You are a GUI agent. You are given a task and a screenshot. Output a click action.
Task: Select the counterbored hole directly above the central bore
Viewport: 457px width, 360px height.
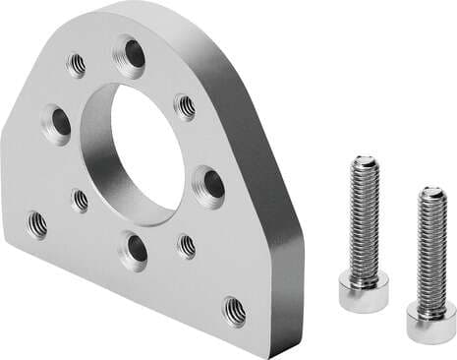click(129, 53)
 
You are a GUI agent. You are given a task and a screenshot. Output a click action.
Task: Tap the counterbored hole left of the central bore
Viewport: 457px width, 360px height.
click(58, 122)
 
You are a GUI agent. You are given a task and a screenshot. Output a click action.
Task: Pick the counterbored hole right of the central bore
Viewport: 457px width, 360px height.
click(209, 184)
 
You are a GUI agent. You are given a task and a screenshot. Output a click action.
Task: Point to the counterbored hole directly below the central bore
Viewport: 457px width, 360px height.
click(134, 249)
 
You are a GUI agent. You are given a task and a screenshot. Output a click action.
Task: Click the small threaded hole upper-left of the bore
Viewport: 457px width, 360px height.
click(77, 65)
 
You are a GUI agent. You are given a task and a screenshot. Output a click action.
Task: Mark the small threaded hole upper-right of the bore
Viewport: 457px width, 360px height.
click(184, 106)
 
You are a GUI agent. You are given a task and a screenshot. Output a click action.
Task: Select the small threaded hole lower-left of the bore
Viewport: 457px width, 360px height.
click(80, 200)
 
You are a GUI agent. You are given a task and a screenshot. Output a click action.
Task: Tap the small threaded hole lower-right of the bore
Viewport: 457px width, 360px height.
click(186, 246)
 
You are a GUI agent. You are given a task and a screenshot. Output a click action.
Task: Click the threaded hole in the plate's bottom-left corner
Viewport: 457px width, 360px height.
click(37, 224)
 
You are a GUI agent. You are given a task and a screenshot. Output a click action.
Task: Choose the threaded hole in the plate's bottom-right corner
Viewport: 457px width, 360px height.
click(234, 311)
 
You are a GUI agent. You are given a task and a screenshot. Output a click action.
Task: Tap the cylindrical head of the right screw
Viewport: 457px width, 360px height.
click(429, 322)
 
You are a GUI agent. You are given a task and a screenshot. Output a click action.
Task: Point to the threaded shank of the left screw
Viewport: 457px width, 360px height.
click(365, 221)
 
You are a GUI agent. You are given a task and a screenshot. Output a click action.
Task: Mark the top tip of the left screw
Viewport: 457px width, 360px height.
click(365, 160)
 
